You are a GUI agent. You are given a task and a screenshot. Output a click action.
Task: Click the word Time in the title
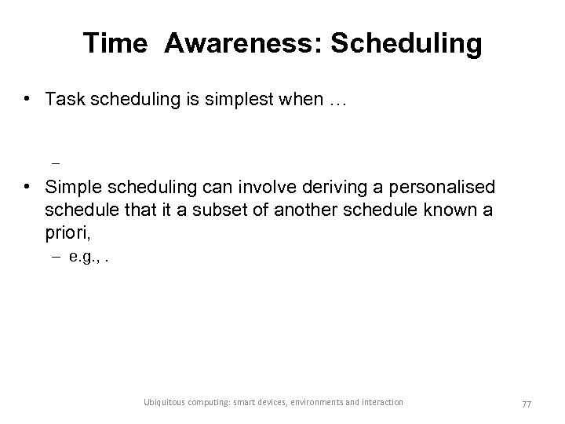(115, 44)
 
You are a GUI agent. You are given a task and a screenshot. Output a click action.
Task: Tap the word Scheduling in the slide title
(406, 44)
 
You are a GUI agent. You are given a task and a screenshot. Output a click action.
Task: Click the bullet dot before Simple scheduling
(27, 188)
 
